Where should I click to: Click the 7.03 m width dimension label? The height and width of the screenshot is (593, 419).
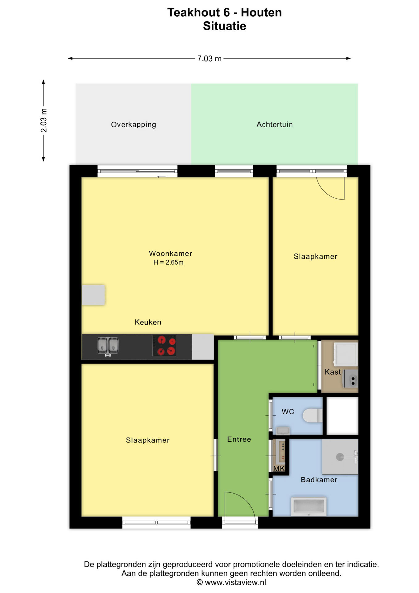209,58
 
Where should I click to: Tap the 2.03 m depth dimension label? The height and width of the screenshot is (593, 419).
44,120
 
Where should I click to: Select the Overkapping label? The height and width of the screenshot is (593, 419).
134,124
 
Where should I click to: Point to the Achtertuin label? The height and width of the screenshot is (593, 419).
275,124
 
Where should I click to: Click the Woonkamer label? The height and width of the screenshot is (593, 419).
170,254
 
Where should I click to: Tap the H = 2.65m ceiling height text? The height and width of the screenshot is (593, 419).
168,263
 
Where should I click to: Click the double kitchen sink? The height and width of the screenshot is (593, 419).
108,346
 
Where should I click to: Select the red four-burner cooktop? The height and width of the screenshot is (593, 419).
164,346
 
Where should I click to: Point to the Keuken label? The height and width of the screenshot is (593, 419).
148,322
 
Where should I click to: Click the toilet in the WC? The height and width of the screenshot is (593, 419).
312,415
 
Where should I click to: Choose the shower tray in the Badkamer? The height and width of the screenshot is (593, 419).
340,457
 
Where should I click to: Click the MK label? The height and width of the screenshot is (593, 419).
279,469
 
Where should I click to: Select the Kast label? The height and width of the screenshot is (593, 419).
333,372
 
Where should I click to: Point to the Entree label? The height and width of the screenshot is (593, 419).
239,439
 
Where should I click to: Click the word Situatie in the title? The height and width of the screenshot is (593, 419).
224,26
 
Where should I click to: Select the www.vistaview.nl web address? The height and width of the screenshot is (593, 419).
235,582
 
